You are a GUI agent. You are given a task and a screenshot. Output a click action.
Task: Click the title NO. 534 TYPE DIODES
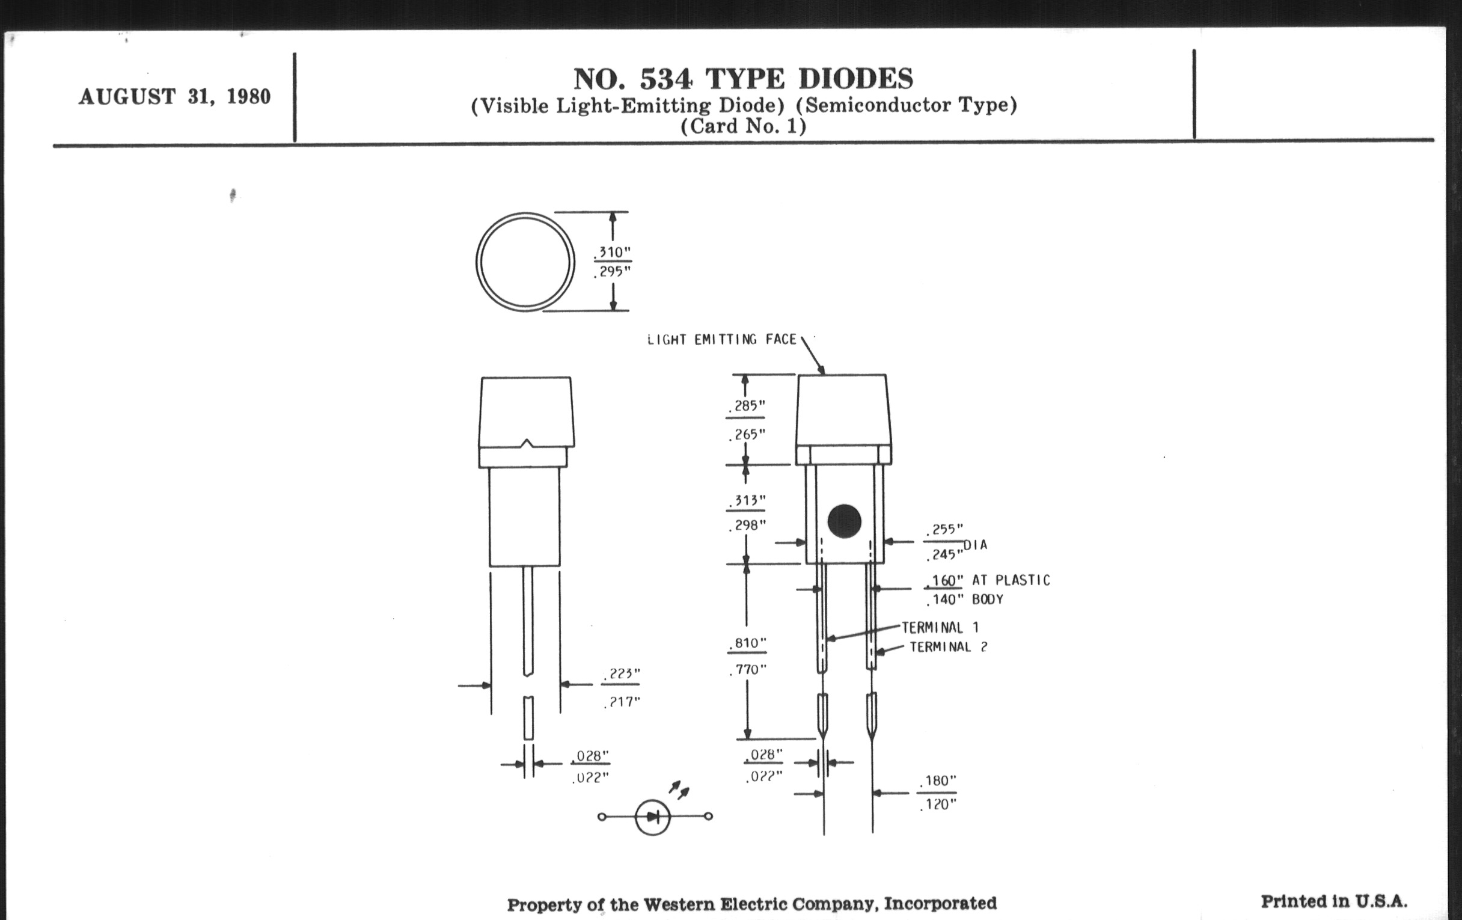click(743, 79)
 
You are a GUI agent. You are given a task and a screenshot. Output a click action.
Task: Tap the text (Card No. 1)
click(743, 126)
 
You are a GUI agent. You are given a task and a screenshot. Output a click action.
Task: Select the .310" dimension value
click(613, 252)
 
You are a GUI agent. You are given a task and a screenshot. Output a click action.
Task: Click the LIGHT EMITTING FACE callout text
click(722, 340)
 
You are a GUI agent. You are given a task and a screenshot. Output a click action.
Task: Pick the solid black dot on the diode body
click(844, 521)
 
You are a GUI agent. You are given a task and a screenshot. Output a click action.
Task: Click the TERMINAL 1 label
click(940, 627)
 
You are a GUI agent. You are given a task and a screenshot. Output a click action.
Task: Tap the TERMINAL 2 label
click(949, 647)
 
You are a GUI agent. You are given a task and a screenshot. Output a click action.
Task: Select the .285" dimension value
click(746, 406)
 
